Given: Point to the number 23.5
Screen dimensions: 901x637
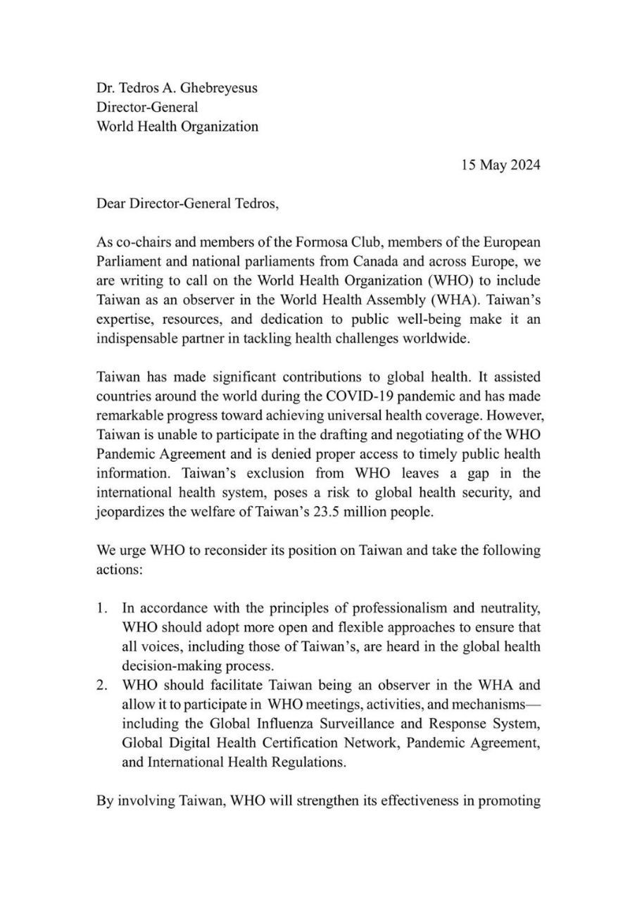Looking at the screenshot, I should tap(329, 512).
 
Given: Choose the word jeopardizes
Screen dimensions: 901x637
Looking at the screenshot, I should tap(130, 512).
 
